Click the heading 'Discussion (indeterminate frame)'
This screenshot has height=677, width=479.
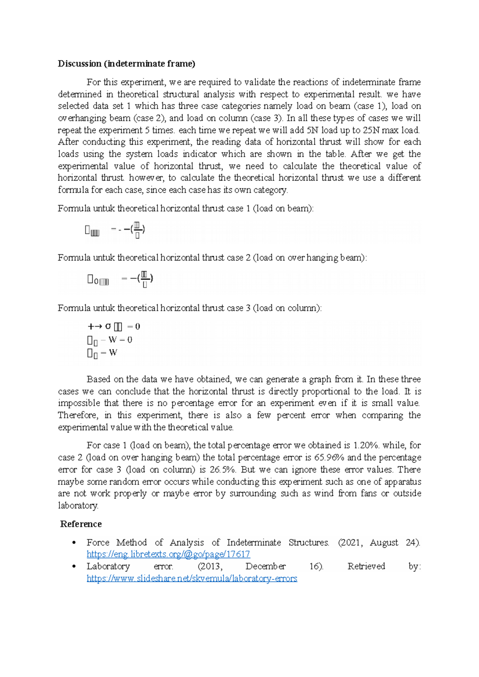(126, 64)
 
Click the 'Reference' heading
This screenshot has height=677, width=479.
(81, 524)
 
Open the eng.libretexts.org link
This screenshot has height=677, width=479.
(168, 554)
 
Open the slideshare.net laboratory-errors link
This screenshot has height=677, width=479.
(192, 578)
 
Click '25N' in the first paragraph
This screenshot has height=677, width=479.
(371, 130)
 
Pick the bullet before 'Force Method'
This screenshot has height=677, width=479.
(74, 543)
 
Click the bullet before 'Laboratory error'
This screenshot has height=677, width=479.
(74, 567)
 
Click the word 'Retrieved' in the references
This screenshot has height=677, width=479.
(366, 567)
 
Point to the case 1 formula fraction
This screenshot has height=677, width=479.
(137, 230)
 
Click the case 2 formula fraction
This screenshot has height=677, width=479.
(145, 279)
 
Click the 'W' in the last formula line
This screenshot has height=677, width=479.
(113, 352)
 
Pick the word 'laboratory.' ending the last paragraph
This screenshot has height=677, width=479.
(78, 506)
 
